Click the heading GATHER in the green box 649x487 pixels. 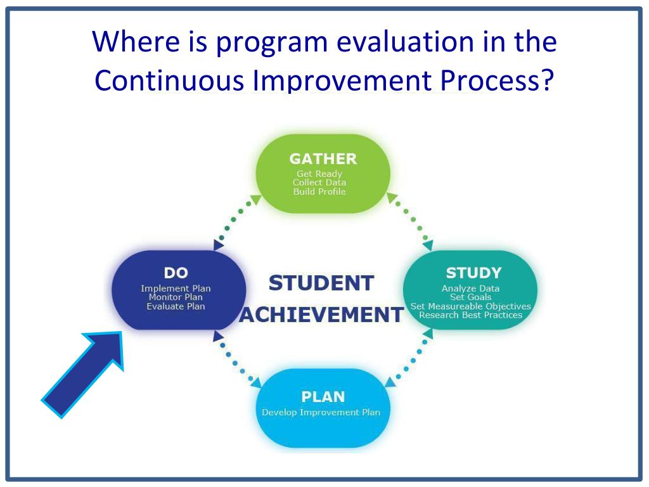pos(323,159)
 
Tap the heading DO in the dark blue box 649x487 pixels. pos(176,273)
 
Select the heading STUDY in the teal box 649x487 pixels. pos(473,273)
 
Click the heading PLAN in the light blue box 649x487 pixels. pos(323,397)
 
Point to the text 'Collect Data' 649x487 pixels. pos(319,182)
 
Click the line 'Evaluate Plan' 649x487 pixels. pos(176,306)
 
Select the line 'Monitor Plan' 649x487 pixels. pos(176,297)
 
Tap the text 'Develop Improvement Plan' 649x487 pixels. pos(321,412)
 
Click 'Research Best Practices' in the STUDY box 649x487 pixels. pos(471,315)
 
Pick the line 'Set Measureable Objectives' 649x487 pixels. pos(471,306)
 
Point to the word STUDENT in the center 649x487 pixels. pos(321,283)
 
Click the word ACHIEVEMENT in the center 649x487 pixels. pos(321,315)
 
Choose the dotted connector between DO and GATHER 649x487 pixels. pos(237,222)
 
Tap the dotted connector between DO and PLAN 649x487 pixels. pos(237,360)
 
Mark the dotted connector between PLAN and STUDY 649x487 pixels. pos(409,358)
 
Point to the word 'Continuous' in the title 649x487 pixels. pos(169,80)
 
